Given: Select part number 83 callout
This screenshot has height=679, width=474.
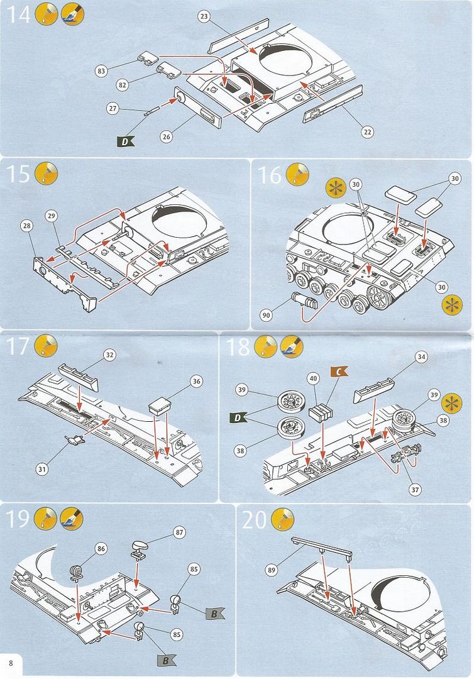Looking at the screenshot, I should [101, 71].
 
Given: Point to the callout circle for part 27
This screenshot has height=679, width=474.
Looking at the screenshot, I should [113, 109].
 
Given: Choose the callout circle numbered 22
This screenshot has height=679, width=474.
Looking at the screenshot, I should [367, 131].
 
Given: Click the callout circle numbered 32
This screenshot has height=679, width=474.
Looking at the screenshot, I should [109, 355].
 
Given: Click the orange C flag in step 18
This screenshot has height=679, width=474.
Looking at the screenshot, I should [338, 372].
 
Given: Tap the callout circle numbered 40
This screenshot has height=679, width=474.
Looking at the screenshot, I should [312, 378].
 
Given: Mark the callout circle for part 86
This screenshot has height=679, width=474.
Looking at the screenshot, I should [101, 549].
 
